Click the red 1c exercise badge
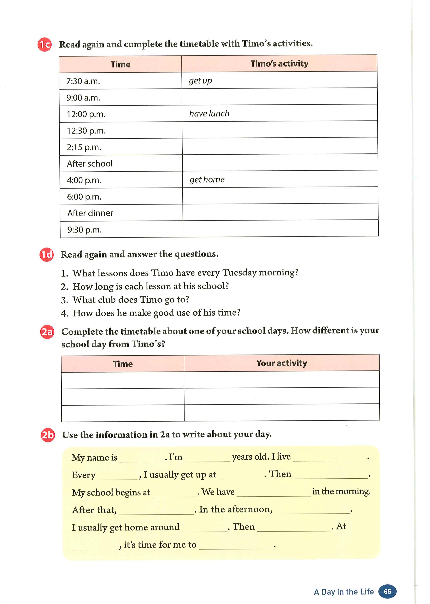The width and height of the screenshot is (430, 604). (x=44, y=44)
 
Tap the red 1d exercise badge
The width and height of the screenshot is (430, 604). (x=46, y=254)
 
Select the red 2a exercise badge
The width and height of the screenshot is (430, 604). (x=47, y=332)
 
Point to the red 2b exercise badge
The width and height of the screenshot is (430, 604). (x=48, y=435)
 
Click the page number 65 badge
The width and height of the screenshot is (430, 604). (x=387, y=591)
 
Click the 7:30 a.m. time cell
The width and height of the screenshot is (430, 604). (x=83, y=81)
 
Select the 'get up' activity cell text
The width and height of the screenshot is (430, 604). (x=200, y=81)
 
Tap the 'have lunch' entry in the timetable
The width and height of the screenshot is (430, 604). (x=209, y=113)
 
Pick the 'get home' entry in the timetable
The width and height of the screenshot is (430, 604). (x=207, y=180)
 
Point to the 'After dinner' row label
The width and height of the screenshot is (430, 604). (x=90, y=213)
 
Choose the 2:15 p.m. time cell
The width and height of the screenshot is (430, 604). (x=84, y=147)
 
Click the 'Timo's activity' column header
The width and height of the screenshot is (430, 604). (x=279, y=64)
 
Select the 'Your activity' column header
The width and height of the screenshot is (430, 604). (x=282, y=363)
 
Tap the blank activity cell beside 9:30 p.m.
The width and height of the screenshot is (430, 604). (x=280, y=228)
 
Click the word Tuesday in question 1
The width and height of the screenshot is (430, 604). (x=239, y=272)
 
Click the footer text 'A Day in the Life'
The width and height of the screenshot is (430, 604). (x=344, y=592)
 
